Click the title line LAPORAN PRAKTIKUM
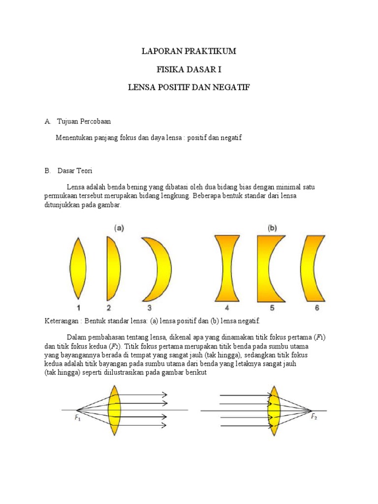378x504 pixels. pos(189,51)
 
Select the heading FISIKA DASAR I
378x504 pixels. pos(189,69)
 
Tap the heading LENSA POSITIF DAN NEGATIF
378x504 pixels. pos(189,87)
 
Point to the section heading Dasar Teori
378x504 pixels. pos(75,171)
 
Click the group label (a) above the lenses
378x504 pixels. pos(119,228)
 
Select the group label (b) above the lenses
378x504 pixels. pos(272,228)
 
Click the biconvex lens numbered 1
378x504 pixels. pos(78,268)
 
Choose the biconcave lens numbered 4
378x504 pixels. pos(227,268)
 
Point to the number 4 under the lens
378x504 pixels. pos(227,309)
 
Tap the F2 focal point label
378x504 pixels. pos(314,417)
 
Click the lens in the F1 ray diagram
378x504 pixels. pos(115,409)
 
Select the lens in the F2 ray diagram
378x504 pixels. pos(274,409)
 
